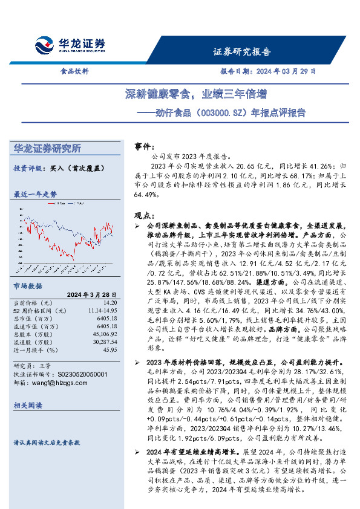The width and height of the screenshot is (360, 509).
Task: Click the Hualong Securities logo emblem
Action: (45, 45)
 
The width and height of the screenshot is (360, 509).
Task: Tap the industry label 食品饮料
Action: (74, 71)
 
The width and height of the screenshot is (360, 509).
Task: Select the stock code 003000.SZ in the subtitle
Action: (222, 112)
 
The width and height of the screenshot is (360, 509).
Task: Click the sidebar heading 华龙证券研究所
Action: (47, 149)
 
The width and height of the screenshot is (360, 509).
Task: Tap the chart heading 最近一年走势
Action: (35, 195)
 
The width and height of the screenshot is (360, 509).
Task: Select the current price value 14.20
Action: (110, 303)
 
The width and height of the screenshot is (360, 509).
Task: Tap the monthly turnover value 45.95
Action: (110, 349)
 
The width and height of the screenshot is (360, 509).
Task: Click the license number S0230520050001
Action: (74, 374)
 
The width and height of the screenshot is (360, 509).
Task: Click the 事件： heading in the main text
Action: (143, 147)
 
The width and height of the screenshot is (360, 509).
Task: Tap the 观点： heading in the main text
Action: (143, 215)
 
